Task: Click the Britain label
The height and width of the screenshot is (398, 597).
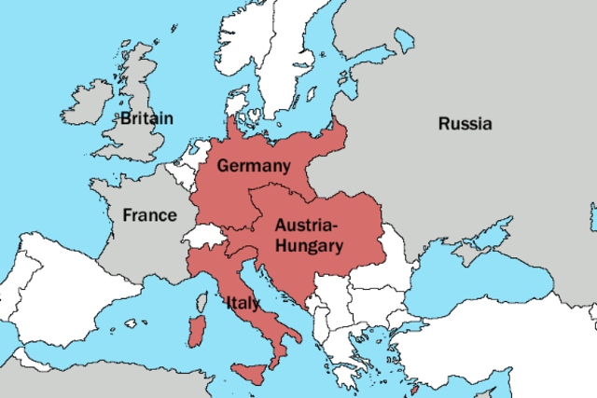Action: tap(146, 118)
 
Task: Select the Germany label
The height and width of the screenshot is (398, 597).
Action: tap(249, 165)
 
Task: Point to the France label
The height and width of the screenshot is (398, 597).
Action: tap(149, 215)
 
